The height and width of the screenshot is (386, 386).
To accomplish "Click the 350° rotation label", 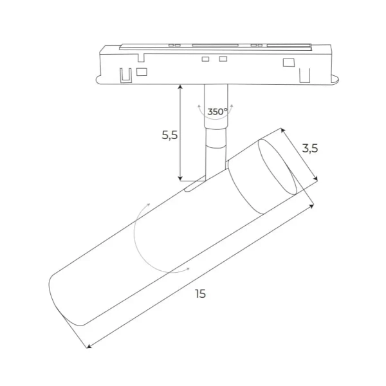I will [x=217, y=111].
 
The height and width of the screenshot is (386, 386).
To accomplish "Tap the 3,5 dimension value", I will [x=311, y=148].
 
